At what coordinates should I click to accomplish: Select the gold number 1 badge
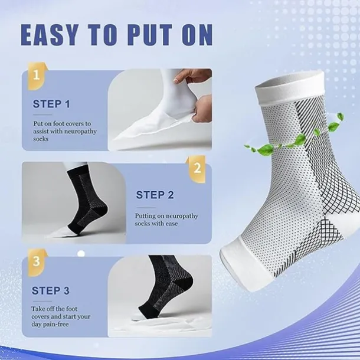pyautogui.click(x=37, y=76)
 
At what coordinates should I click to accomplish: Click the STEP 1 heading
pyautogui.click(x=52, y=104)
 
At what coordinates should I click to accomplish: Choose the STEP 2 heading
pyautogui.click(x=155, y=195)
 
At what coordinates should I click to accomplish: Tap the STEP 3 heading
pyautogui.click(x=52, y=290)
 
